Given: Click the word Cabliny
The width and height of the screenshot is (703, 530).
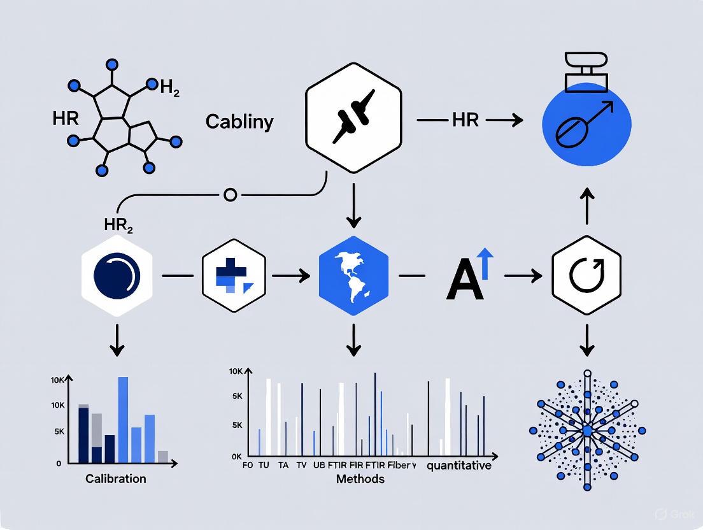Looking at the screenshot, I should [239, 122].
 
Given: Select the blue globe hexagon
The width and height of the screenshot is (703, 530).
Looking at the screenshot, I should [353, 275].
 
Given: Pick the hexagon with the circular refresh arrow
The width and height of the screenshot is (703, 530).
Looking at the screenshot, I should [586, 276].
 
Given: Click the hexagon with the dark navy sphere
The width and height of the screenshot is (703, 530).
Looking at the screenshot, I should [117, 276].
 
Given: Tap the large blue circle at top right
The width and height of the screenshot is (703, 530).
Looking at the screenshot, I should [586, 125].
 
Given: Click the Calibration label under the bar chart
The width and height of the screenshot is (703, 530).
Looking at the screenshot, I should [116, 478].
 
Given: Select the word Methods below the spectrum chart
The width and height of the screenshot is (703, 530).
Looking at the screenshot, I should [360, 478].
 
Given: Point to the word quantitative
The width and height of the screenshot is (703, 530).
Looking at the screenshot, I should [458, 466].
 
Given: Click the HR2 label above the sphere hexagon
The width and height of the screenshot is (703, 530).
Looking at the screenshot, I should [117, 225].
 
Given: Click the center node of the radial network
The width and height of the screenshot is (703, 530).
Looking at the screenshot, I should [586, 431].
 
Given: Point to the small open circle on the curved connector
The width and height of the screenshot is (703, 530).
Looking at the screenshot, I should [231, 194].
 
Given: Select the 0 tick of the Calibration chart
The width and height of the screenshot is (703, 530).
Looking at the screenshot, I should [59, 464].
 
